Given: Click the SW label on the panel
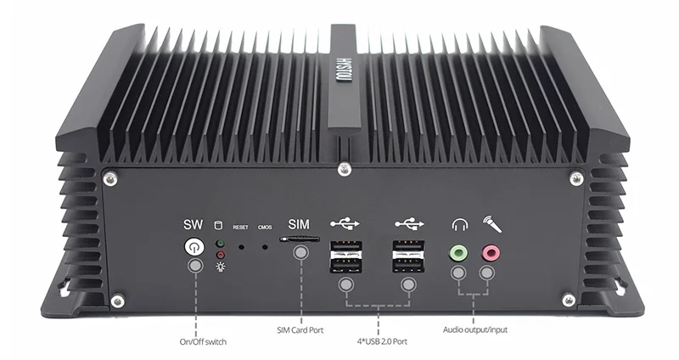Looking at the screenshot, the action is (x=194, y=225).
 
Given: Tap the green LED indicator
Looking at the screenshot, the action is (x=221, y=243).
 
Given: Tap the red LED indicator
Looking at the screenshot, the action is (x=221, y=254).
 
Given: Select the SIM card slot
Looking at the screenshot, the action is (x=301, y=241).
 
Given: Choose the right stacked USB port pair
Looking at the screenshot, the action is (x=407, y=256).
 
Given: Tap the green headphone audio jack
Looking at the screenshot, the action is (x=459, y=251).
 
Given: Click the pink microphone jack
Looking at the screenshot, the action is (x=489, y=251).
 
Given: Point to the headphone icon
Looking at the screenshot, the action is (x=460, y=226).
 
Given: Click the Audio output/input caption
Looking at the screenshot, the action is (x=475, y=329).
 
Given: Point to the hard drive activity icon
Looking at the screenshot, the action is (x=221, y=225).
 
